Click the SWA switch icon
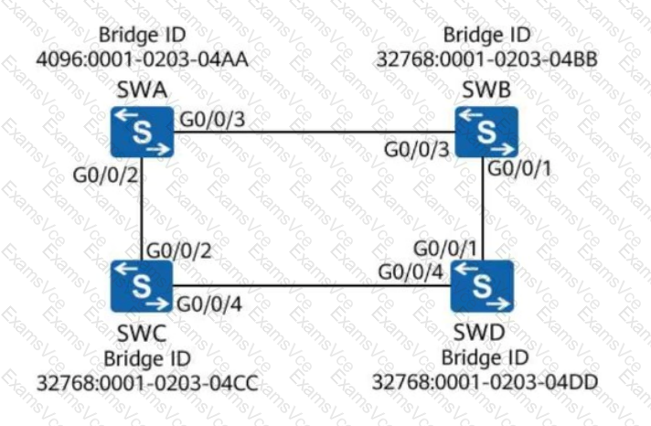coord(142,132)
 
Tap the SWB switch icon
coord(486,132)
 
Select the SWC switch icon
coord(142,286)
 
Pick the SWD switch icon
coord(482,286)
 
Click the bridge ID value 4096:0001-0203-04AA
coord(143,59)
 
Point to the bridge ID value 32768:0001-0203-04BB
coord(486,59)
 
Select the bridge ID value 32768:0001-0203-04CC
coord(147,383)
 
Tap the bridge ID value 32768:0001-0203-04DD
coord(485,382)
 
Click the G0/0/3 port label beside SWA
coord(212,120)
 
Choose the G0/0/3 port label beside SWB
coord(416,149)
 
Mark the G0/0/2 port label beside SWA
coord(105,176)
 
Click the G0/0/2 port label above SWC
coord(179,250)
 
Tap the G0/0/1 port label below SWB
coord(519,168)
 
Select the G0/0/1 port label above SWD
coord(445,249)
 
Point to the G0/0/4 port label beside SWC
coord(209,304)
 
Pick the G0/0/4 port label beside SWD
coord(411,272)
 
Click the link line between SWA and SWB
coord(315,132)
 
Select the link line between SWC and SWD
coord(312,285)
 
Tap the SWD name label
coord(479,332)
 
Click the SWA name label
coord(142,90)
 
